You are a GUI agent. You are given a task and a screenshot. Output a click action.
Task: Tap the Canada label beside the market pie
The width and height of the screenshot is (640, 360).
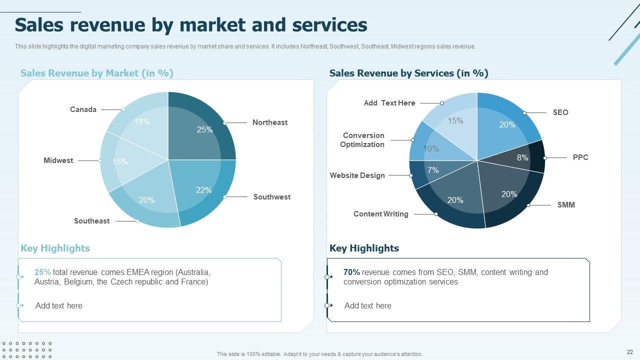coord(83,109)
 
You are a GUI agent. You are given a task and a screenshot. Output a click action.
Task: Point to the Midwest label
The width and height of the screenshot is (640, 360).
coord(58,160)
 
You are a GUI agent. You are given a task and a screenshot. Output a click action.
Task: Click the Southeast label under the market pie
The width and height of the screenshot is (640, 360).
coord(91,221)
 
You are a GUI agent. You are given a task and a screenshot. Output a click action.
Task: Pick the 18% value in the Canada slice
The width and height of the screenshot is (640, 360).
coord(142,121)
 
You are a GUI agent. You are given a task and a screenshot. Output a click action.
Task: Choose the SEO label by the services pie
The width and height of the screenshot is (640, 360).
coord(560,112)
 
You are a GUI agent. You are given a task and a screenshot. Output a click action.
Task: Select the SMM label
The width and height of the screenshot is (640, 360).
coord(566,205)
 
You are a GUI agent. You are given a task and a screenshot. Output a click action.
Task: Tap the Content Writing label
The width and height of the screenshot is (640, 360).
coord(380,214)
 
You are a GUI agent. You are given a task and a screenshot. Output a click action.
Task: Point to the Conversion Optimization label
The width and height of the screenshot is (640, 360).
coord(363,140)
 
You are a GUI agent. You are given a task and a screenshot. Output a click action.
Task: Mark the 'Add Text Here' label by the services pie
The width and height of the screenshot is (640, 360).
coord(389,103)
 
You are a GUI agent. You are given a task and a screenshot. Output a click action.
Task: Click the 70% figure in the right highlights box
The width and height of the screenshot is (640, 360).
coord(351,272)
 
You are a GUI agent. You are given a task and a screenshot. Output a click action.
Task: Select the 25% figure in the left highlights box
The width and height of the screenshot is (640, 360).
coord(42,272)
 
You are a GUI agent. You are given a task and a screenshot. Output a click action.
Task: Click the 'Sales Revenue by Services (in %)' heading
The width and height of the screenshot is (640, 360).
coord(408,73)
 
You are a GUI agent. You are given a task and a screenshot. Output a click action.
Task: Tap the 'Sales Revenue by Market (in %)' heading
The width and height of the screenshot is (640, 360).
coord(96,73)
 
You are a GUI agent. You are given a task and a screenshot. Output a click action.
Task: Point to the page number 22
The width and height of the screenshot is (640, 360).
coord(629,352)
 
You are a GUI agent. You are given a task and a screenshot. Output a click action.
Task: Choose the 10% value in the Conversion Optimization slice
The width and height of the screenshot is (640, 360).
coord(431,148)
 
